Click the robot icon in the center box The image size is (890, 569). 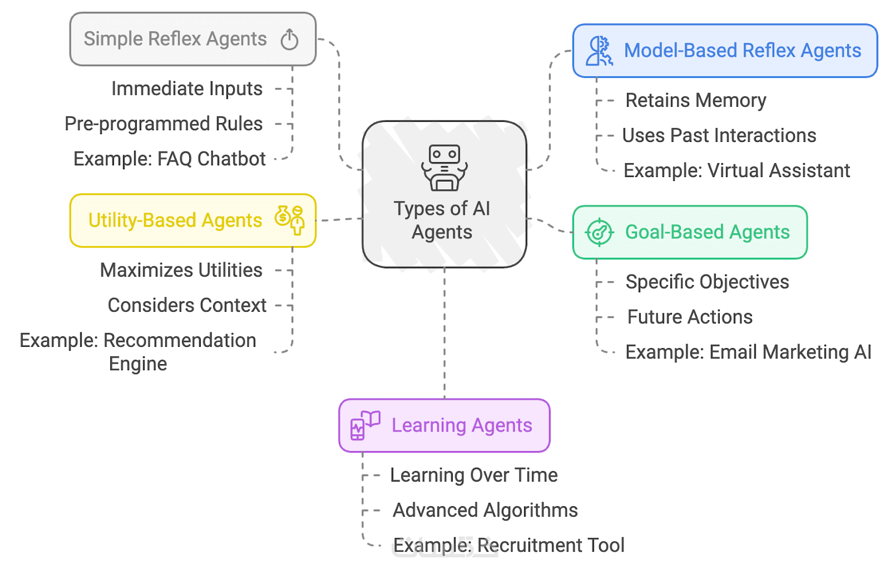tap(444, 168)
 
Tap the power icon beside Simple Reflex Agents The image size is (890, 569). tap(289, 40)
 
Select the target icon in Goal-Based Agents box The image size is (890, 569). tap(599, 232)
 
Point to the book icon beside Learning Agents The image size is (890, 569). tap(365, 425)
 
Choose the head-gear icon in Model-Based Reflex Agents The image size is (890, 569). tap(600, 51)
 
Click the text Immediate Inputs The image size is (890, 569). tap(187, 89)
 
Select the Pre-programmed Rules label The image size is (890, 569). tap(164, 124)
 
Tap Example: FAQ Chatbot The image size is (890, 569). tap(170, 159)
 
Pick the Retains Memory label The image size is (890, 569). tap(695, 100)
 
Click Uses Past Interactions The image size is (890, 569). tap(719, 135)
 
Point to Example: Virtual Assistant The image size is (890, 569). tap(736, 170)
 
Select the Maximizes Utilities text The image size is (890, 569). tap(181, 270)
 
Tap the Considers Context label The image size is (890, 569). tap(187, 305)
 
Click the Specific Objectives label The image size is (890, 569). tap(707, 282)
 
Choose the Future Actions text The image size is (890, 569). tap(690, 317)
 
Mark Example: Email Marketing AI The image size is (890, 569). tap(748, 352)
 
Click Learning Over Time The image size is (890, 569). tap(474, 475)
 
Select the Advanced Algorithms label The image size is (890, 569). tap(485, 510)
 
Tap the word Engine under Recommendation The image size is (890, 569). tap(138, 364)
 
